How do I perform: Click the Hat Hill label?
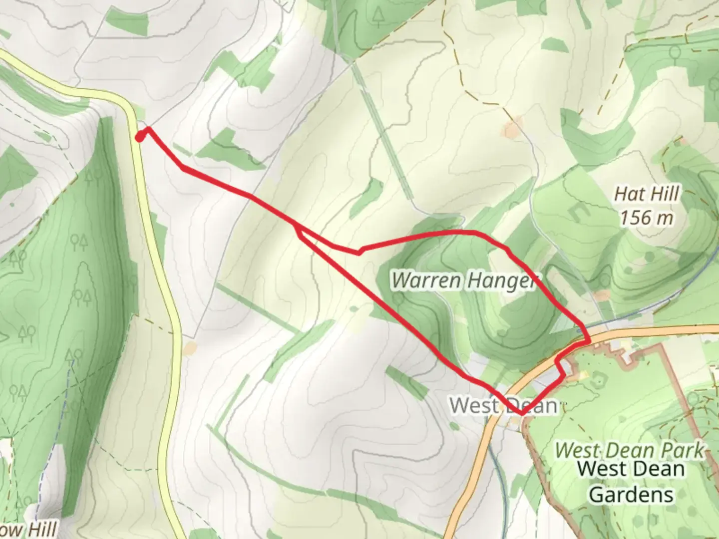[647, 194]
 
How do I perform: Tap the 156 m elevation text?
[647, 218]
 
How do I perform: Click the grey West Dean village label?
[503, 405]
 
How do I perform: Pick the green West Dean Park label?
[630, 450]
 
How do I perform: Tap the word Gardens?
[632, 495]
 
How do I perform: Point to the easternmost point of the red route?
[590, 340]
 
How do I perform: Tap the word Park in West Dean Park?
[682, 450]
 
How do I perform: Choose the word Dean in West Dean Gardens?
[659, 469]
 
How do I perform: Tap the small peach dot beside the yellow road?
[189, 348]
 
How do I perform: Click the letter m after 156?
[665, 218]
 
